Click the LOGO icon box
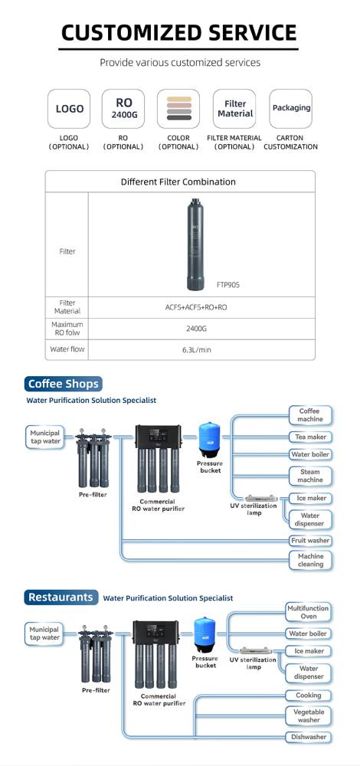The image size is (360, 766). point(70,109)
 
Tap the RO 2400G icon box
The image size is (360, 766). point(124,109)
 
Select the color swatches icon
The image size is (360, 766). point(179,109)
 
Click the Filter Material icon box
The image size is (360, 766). point(235,109)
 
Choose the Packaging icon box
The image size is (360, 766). point(291,109)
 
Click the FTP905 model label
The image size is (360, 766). point(227,284)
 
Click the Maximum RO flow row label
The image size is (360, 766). point(67,329)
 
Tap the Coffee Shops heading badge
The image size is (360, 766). point(63,384)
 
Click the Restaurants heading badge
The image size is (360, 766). point(61,597)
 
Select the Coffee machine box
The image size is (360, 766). point(310,415)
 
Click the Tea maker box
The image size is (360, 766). point(310,437)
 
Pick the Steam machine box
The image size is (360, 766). point(310,476)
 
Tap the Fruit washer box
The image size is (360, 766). point(310,540)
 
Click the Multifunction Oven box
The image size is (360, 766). point(308,612)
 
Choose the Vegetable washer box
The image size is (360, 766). point(309,715)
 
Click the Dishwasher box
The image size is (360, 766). point(309,737)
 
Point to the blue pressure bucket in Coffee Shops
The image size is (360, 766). point(209,440)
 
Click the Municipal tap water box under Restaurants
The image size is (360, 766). point(45,633)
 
